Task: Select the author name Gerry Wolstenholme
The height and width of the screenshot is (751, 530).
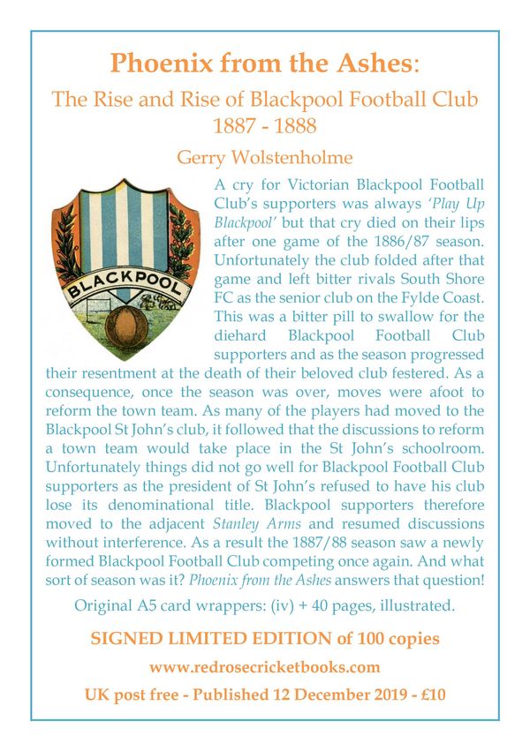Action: coord(265,159)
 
